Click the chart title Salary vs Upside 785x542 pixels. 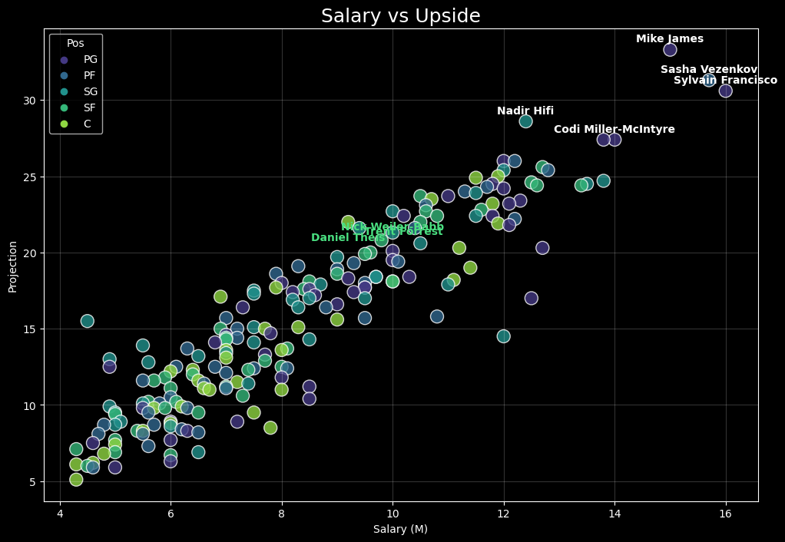[x=400, y=16]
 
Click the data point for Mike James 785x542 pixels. [x=670, y=50]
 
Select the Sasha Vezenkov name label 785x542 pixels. [x=709, y=70]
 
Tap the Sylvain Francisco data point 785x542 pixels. [x=725, y=91]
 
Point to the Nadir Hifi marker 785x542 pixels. [x=525, y=121]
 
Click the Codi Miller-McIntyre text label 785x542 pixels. [x=614, y=129]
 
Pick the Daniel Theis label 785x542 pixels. [x=349, y=238]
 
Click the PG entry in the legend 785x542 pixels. [x=90, y=60]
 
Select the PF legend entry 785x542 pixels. [x=90, y=76]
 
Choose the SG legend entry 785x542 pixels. [x=90, y=92]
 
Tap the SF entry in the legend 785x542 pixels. [x=90, y=108]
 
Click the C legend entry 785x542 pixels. [x=87, y=124]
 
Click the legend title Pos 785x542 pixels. [x=75, y=44]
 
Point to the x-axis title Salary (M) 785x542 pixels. [x=400, y=529]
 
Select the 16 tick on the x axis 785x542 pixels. [x=725, y=514]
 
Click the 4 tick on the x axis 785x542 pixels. [x=60, y=514]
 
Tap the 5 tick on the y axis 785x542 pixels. [x=34, y=481]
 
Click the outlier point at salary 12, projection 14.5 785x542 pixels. [x=503, y=336]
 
